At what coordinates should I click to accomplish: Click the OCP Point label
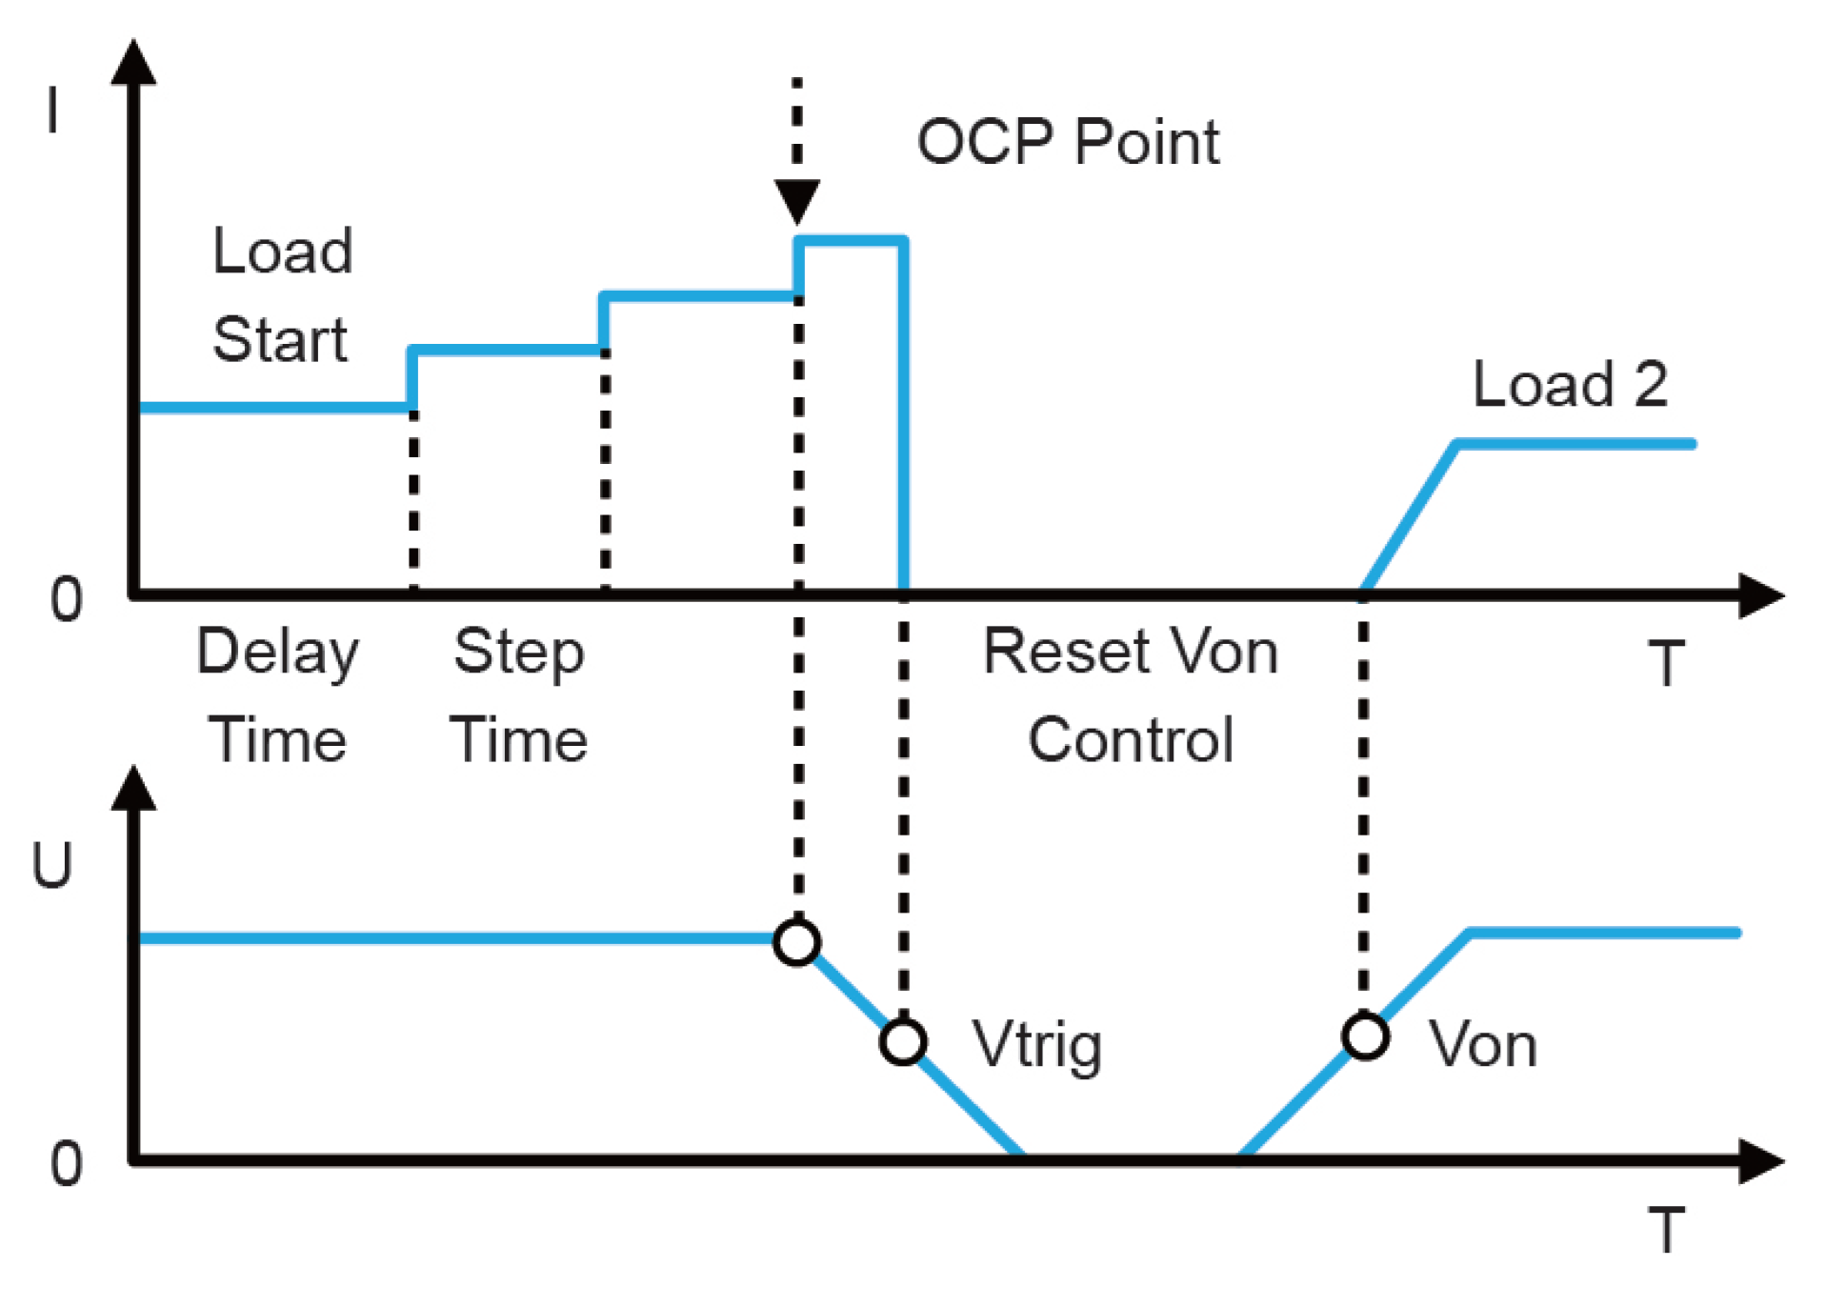1067,143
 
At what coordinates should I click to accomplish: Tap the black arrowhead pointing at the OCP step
797,201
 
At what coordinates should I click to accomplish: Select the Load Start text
282,295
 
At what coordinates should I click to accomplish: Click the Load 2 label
1570,385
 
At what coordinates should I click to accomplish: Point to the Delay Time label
277,695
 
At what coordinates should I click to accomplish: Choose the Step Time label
519,695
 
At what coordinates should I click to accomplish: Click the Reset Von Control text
1131,695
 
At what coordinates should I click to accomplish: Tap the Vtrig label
1037,1045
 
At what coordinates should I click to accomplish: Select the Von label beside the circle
1483,1045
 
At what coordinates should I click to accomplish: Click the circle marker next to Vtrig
903,1041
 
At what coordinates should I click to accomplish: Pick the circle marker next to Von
1365,1036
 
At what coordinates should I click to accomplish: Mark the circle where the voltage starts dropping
797,942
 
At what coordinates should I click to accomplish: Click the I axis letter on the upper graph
53,110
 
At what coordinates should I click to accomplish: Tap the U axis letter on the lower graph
52,865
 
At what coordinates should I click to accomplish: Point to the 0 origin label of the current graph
67,600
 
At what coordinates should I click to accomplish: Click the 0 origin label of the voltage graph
67,1164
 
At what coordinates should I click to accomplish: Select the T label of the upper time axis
1666,663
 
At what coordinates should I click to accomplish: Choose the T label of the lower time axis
1666,1229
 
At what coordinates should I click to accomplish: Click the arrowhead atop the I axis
133,62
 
